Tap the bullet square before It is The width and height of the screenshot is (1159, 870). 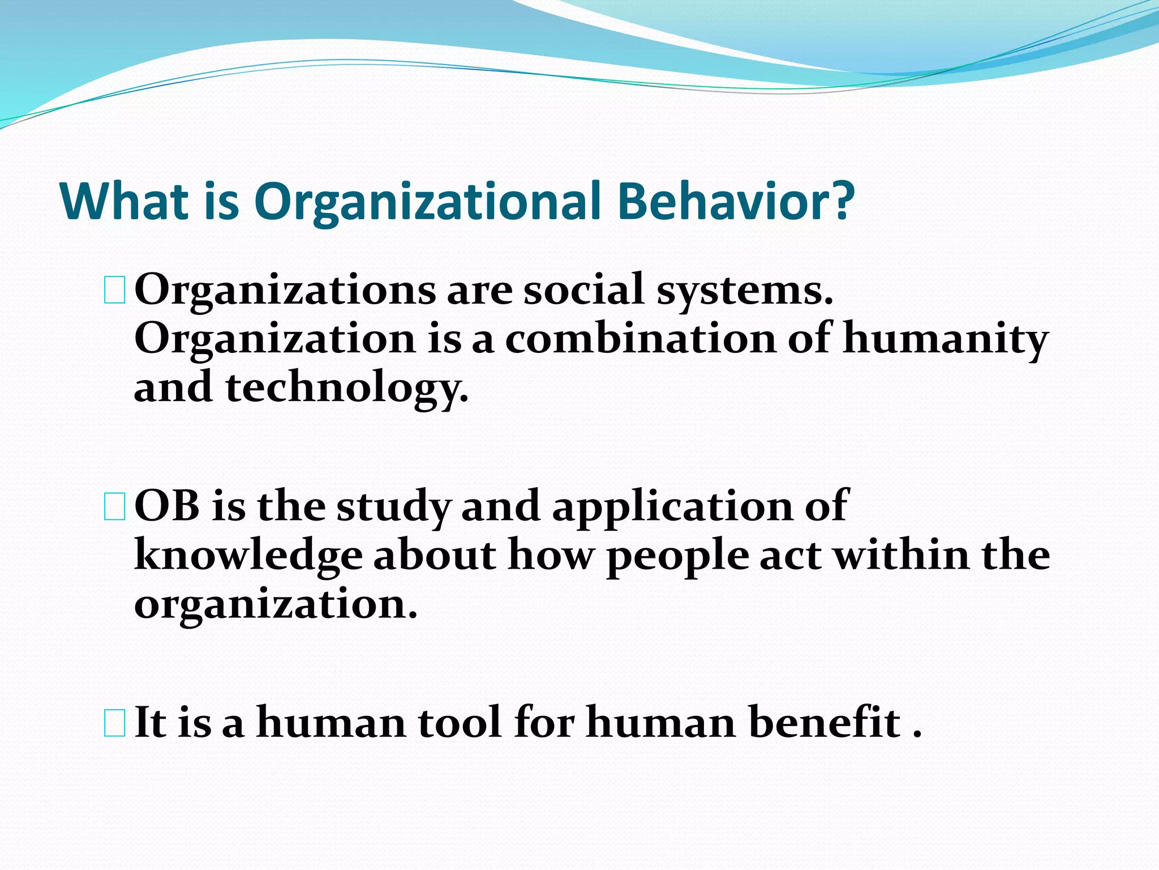coord(115,723)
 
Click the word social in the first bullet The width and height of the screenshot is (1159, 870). coord(583,290)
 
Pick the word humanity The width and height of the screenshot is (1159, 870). coord(945,340)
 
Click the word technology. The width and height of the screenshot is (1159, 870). coord(347,389)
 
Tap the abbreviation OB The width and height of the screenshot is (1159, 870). coord(167,506)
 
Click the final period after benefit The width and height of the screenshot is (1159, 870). coord(917,735)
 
